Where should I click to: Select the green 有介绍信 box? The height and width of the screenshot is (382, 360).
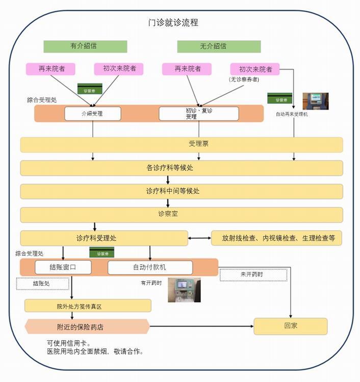[x=85, y=46]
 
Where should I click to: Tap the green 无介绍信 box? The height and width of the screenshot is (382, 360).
[x=219, y=46]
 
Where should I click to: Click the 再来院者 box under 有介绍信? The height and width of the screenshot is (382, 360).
[x=51, y=69]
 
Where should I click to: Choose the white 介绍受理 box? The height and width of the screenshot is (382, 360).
[x=92, y=114]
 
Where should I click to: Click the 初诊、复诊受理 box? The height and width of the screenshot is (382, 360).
[x=198, y=114]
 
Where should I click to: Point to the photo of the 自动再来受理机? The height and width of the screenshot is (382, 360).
[x=316, y=101]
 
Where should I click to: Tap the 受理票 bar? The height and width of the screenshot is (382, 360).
[x=182, y=144]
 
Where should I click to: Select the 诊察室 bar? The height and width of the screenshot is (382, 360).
[x=182, y=214]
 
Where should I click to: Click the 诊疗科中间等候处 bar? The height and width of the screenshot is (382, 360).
[x=182, y=192]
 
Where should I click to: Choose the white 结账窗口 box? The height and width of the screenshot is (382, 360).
[x=63, y=267]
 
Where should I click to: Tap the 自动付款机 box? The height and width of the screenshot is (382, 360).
[x=150, y=267]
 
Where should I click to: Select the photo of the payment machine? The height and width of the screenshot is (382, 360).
[x=184, y=290]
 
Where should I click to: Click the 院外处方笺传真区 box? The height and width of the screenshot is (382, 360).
[x=88, y=306]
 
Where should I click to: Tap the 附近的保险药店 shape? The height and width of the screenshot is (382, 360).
[x=87, y=326]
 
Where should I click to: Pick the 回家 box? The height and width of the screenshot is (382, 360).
[x=290, y=326]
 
